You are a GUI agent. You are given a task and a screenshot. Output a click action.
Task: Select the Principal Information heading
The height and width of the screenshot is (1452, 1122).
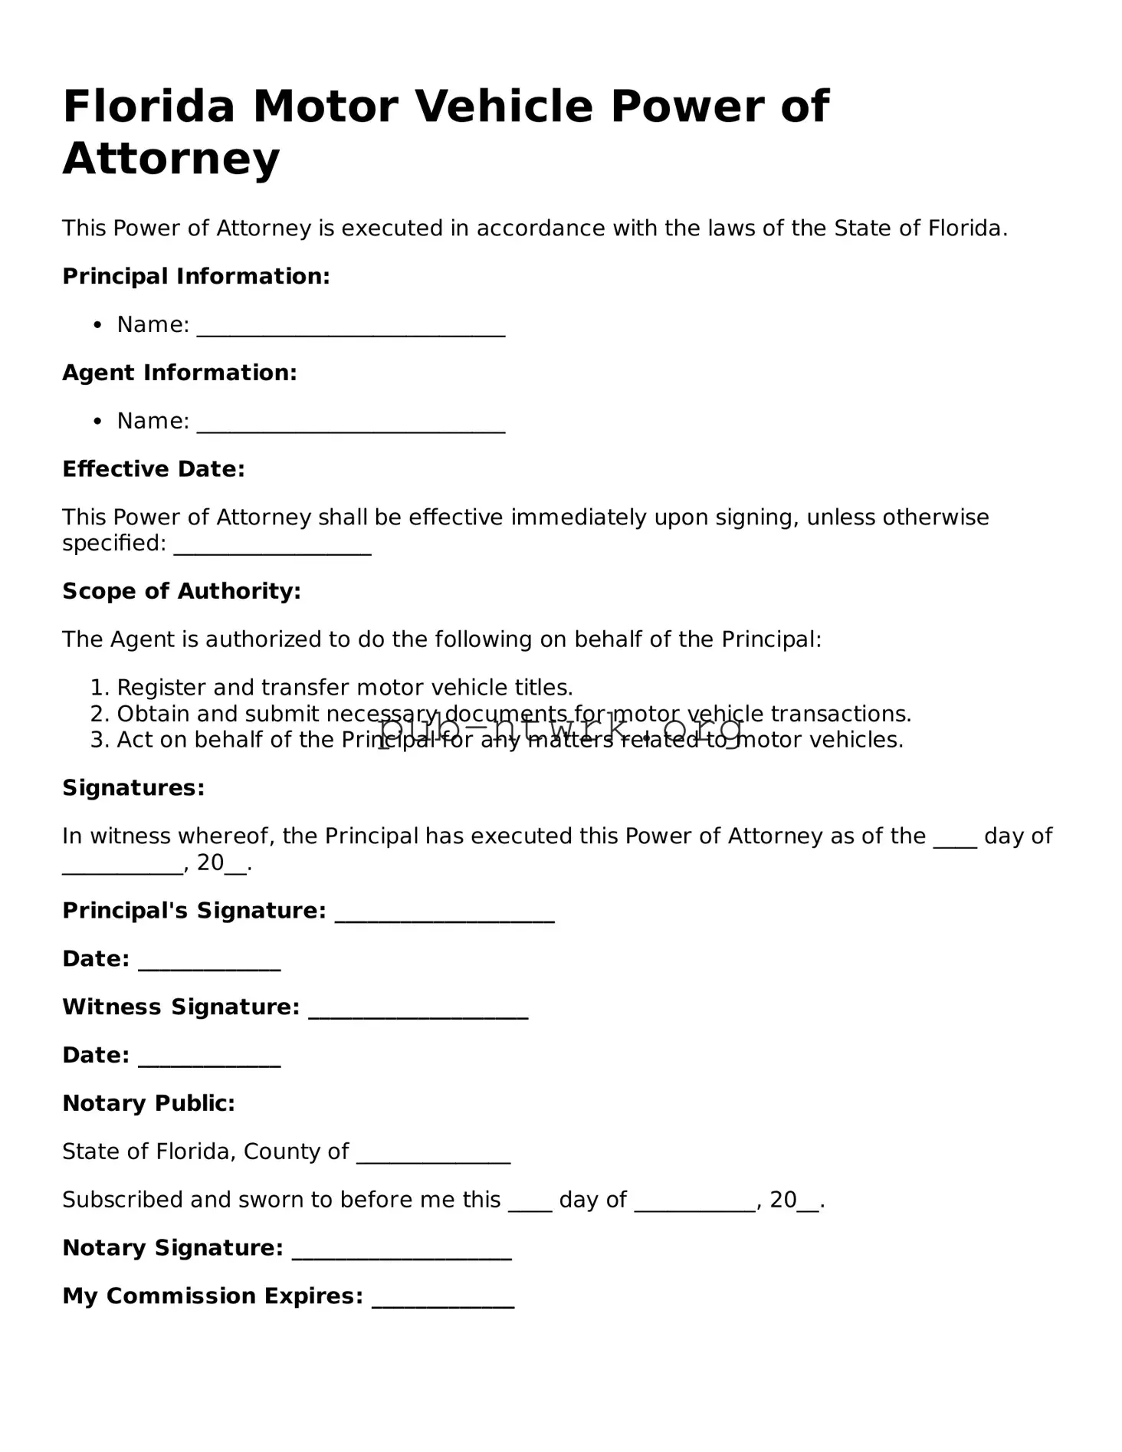(x=195, y=276)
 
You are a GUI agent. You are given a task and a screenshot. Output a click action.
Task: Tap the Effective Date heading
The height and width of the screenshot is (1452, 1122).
(x=153, y=469)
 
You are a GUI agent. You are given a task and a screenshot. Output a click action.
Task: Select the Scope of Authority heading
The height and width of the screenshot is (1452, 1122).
(x=181, y=591)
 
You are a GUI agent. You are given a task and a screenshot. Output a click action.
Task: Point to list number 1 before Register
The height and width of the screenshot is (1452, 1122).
(x=99, y=688)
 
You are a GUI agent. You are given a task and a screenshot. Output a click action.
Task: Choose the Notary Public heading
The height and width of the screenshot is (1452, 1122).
(x=148, y=1103)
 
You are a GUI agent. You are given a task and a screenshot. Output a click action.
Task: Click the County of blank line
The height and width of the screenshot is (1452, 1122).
(x=433, y=1157)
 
